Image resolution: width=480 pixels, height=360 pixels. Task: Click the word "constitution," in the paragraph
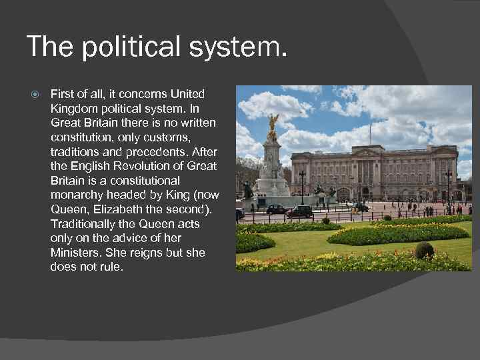(82, 137)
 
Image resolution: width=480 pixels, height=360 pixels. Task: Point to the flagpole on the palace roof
(370, 133)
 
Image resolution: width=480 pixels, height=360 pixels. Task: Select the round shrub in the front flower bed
(424, 250)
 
